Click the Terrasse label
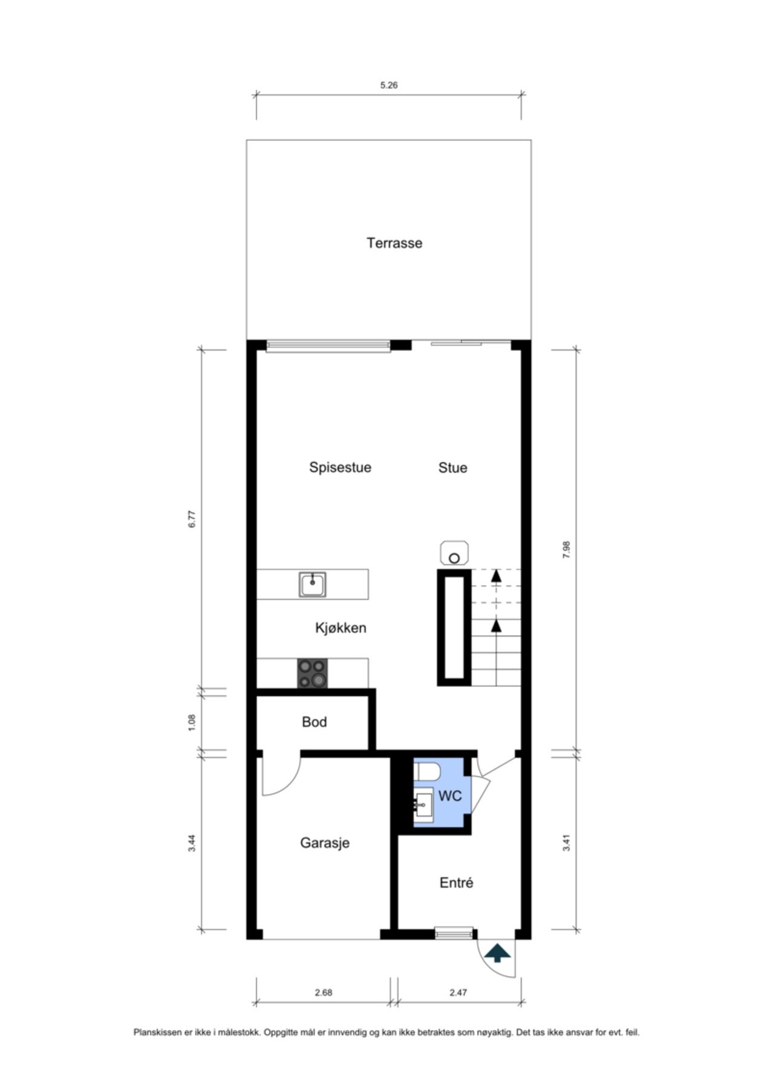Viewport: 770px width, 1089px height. coord(394,243)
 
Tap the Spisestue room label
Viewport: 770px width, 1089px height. coord(340,468)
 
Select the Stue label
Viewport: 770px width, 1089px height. coord(452,468)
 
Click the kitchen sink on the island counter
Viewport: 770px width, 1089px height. coord(312,584)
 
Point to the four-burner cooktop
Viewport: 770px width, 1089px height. coord(312,673)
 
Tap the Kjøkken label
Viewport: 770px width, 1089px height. coord(341,628)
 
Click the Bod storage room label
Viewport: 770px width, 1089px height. coord(314,722)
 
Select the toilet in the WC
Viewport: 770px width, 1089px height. coord(427,772)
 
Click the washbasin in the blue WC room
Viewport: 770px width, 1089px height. coord(423,805)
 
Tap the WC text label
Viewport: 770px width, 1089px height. coord(449,796)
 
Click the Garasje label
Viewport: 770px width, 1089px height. coord(325,843)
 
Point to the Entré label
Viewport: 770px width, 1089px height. coord(456,883)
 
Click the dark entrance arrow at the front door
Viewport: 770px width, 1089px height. coord(497,953)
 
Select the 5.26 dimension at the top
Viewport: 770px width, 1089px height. coord(388,85)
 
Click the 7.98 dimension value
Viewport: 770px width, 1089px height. coord(567,549)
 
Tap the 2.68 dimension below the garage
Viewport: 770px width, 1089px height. coord(323,993)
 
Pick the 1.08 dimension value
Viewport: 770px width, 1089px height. coord(192,722)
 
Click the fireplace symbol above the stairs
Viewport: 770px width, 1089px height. coord(455,553)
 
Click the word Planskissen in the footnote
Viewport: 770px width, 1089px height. coord(157,1033)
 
